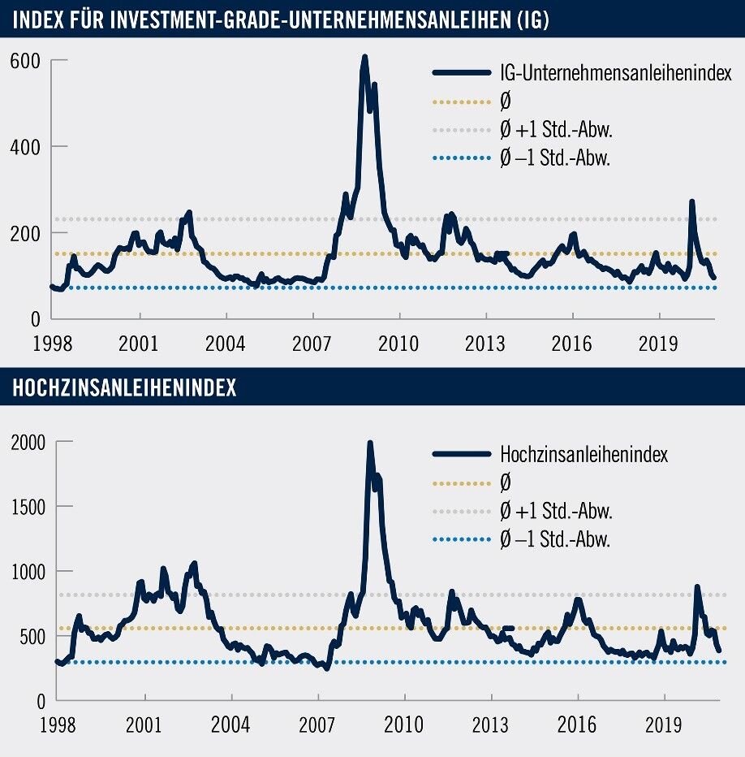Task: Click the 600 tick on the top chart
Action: tap(29, 61)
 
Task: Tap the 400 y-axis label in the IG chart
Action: tap(29, 147)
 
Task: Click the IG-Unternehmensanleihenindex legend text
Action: tap(616, 73)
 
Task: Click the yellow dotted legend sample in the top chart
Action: tap(461, 102)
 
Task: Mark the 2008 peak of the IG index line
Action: tap(364, 58)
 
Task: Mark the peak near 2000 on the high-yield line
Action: tap(370, 444)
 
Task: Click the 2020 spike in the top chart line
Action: tap(691, 201)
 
